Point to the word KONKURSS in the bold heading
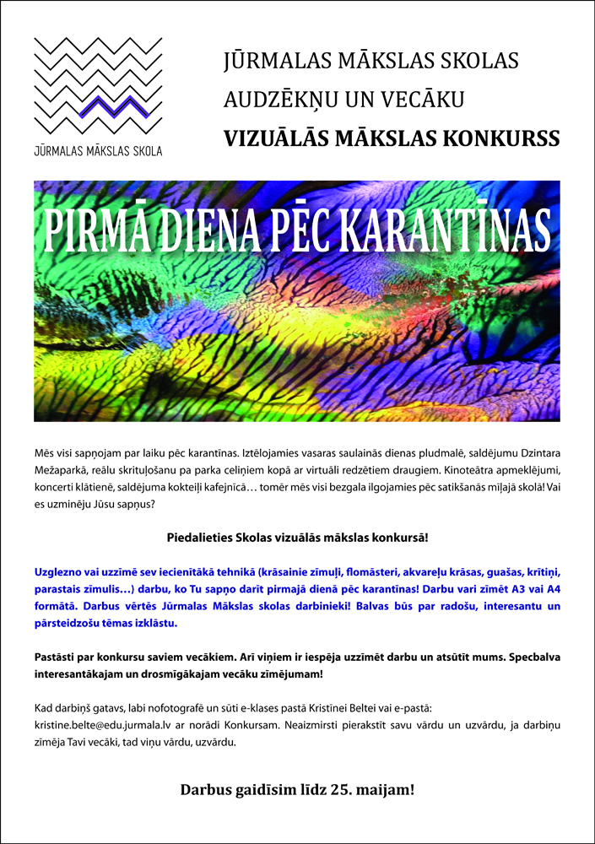(x=506, y=138)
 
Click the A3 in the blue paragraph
(x=511, y=589)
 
